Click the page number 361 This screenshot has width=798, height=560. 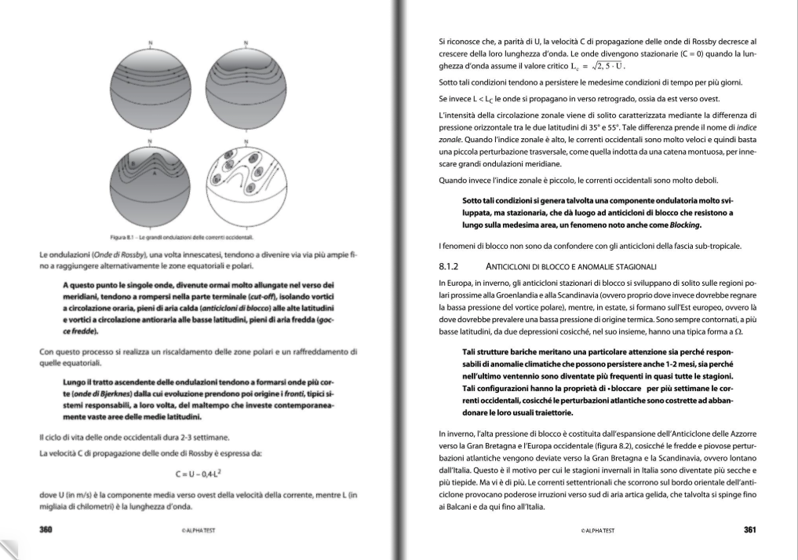[x=749, y=529]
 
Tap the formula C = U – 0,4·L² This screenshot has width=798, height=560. [x=199, y=474]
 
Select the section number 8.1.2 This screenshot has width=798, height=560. [x=453, y=266]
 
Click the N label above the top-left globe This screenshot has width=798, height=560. [x=151, y=42]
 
